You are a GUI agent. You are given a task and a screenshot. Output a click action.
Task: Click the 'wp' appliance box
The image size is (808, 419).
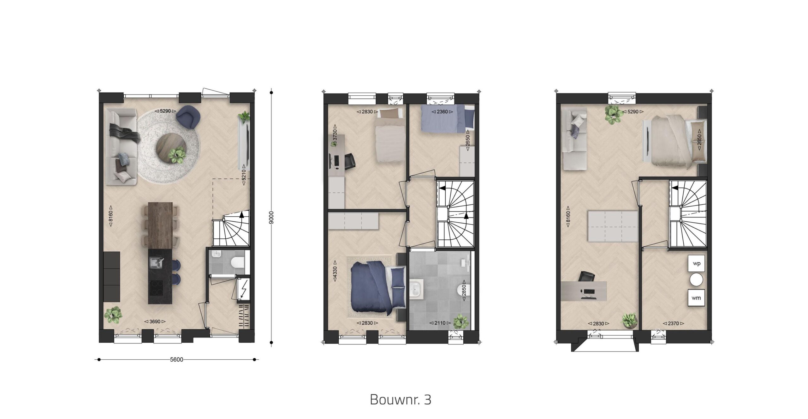696,263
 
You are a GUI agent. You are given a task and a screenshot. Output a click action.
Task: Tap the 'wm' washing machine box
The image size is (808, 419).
696,298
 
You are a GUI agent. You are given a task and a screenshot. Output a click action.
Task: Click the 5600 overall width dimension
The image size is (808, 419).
176,359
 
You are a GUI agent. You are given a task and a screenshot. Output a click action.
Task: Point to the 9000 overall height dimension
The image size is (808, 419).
271,218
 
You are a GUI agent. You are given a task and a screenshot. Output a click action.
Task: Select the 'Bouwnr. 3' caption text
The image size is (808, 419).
401,399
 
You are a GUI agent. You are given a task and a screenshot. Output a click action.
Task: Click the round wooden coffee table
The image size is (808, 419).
171,148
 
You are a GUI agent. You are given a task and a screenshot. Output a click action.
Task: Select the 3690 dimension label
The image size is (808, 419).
155,322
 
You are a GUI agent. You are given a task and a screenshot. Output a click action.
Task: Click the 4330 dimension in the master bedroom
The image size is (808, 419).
335,271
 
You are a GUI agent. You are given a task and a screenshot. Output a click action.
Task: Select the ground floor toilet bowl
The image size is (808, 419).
237,262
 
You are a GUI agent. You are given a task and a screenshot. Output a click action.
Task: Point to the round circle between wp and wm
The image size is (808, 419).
696,280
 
